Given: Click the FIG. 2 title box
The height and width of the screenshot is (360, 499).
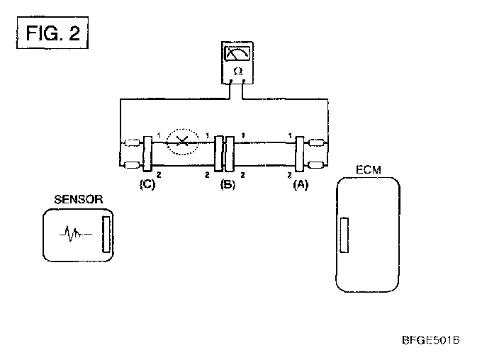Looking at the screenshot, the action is click(x=52, y=33).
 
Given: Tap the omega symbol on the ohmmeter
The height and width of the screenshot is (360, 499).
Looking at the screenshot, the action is click(x=237, y=72).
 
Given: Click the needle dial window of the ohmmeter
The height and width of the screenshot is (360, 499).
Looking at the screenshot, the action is click(x=237, y=53).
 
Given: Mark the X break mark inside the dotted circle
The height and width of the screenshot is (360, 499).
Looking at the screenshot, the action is click(x=182, y=141).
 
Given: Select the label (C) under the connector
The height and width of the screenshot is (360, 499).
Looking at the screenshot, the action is click(x=147, y=184).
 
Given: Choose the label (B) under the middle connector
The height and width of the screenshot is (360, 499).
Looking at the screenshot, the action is click(x=228, y=184).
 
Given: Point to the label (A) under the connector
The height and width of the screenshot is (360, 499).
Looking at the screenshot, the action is click(x=301, y=184).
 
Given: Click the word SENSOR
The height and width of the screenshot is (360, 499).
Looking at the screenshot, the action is click(x=79, y=200).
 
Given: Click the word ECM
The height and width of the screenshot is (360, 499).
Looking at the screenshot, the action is click(x=369, y=170).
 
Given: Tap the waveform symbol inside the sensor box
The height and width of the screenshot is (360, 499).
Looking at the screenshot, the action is click(x=76, y=234).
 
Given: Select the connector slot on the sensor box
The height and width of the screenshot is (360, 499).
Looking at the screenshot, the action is click(x=106, y=234).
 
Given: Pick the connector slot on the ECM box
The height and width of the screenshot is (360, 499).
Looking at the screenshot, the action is click(x=344, y=235).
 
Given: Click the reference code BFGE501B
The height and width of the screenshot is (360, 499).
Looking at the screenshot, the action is click(x=431, y=340).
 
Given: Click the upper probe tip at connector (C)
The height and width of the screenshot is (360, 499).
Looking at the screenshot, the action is click(x=132, y=142).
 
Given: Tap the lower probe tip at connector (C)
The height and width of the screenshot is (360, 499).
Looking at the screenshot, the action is click(x=132, y=165).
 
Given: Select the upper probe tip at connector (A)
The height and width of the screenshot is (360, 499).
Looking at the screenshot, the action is click(x=317, y=142).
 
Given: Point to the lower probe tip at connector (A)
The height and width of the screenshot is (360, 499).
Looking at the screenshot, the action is click(x=317, y=165).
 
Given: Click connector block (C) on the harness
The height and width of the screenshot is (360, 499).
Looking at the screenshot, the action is click(x=147, y=154).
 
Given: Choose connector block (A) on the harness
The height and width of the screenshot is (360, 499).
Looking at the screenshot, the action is click(x=299, y=154).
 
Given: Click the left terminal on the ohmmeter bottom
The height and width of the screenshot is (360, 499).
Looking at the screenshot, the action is click(x=231, y=81).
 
